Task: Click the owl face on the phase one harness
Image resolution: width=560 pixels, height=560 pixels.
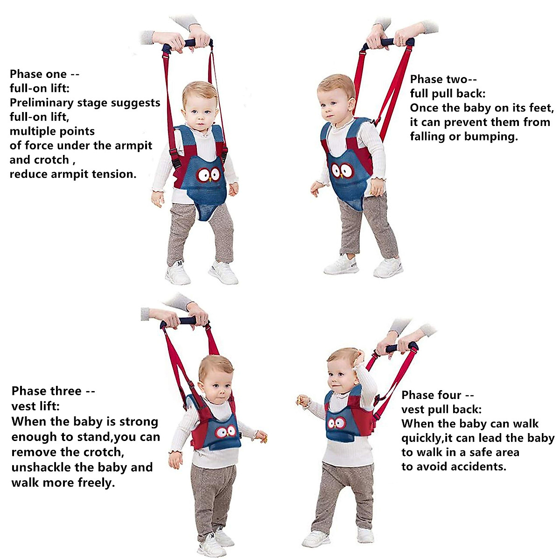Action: point(208,175)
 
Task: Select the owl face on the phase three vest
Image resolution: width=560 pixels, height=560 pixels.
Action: point(226,431)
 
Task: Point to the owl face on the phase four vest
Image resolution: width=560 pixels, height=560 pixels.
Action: point(336,423)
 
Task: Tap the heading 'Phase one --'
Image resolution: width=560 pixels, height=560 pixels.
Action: point(44,74)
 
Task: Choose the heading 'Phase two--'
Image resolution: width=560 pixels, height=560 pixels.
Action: point(443,79)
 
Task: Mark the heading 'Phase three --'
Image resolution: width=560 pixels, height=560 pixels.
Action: point(53,391)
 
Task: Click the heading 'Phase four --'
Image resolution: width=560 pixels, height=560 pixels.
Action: point(438,395)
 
